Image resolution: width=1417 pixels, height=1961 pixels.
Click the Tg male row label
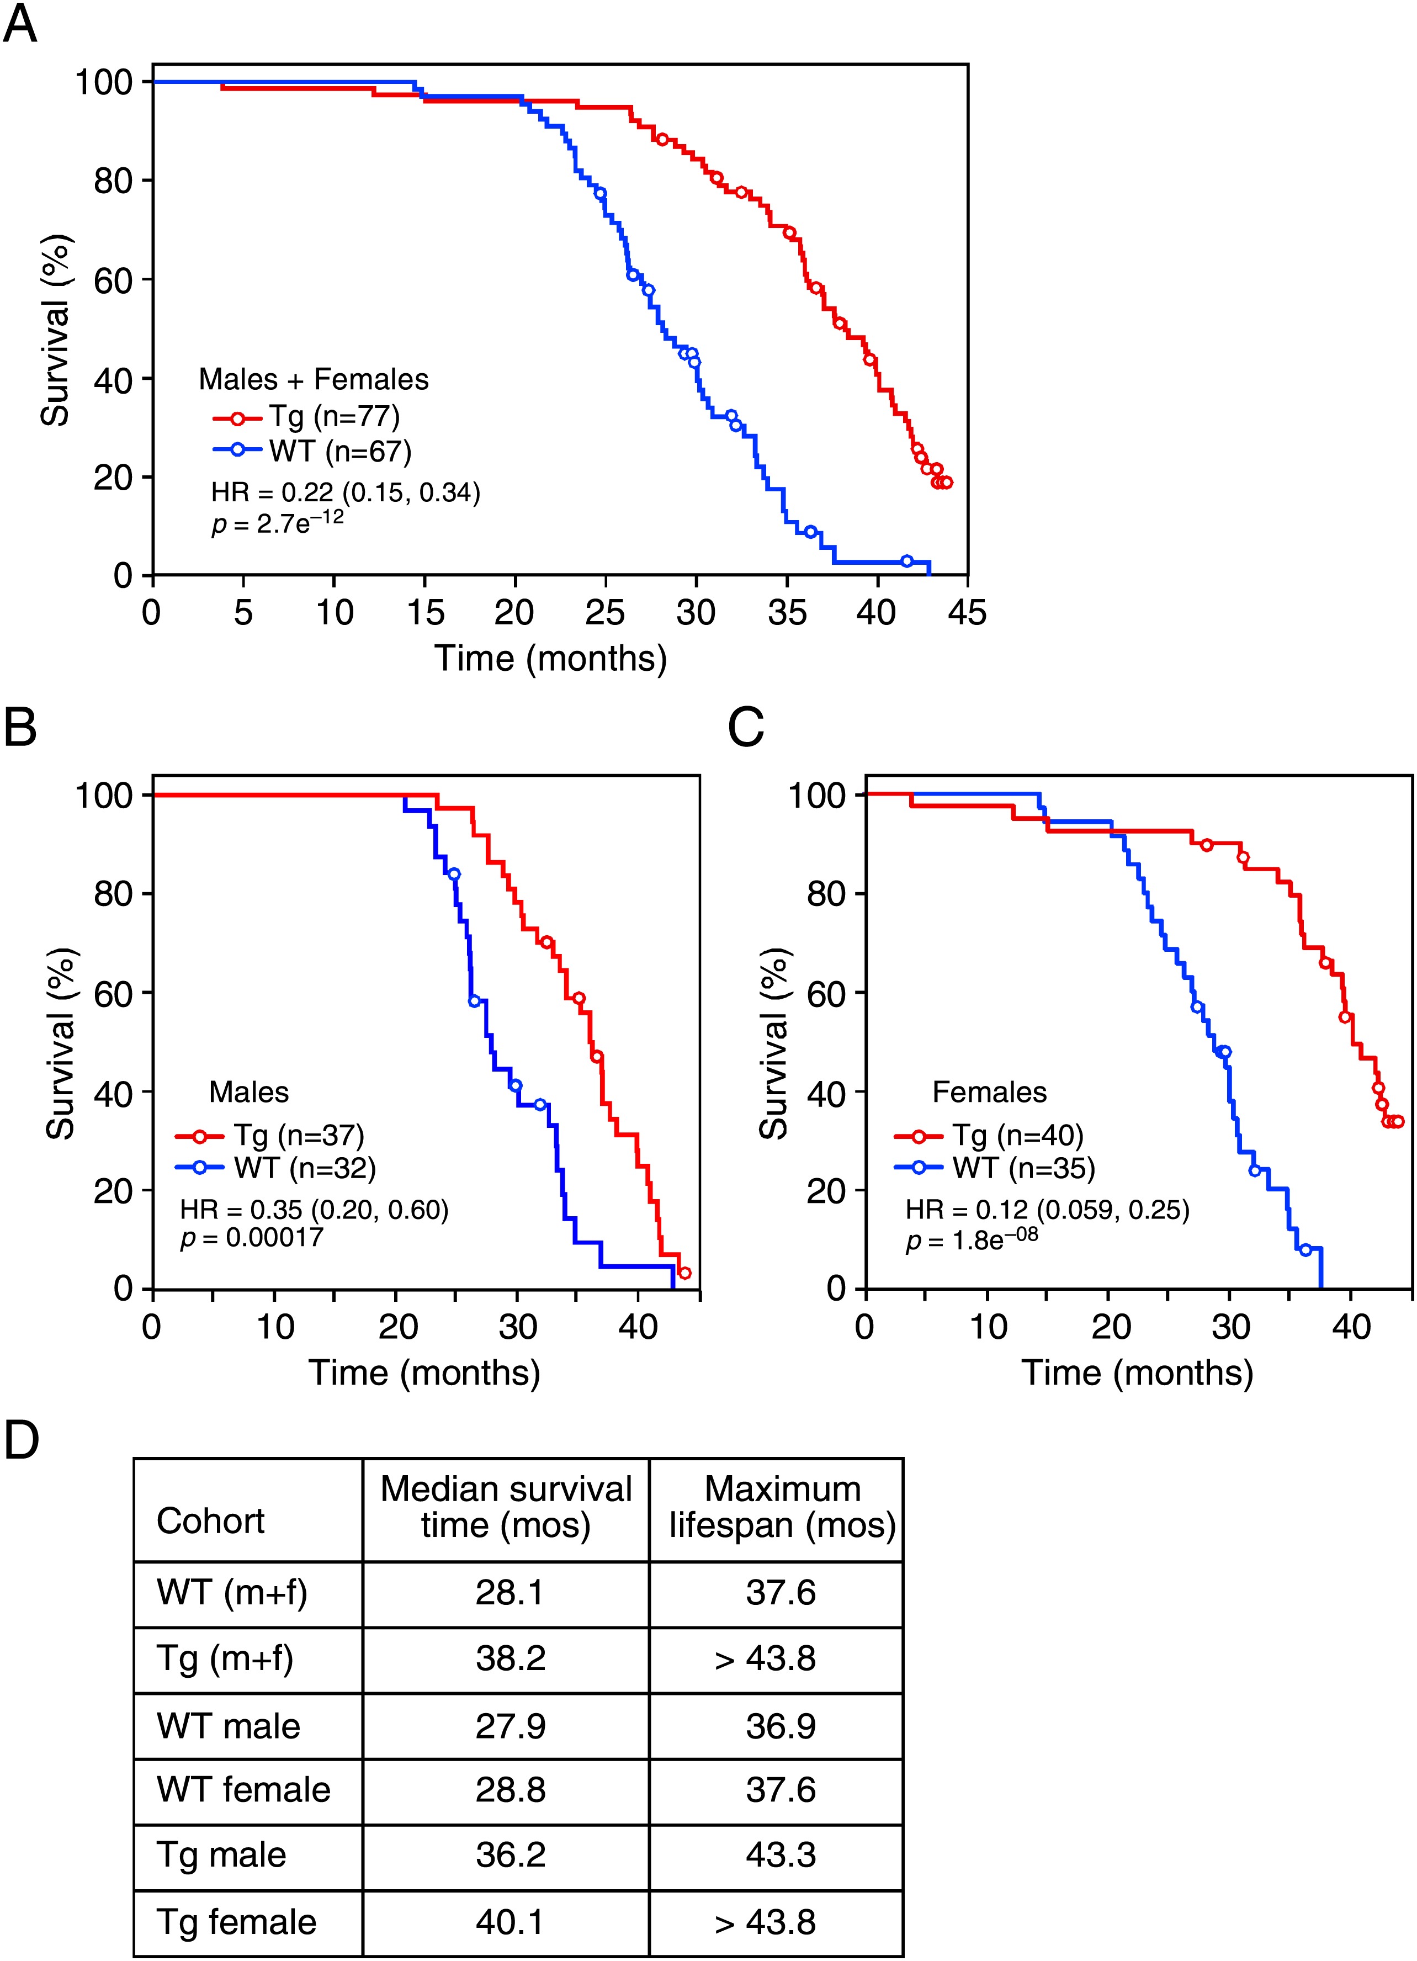click(221, 1854)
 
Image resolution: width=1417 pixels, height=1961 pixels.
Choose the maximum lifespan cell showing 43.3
click(781, 1854)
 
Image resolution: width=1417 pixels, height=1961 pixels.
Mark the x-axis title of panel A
click(551, 658)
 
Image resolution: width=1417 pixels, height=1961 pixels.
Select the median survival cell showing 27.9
click(510, 1726)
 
